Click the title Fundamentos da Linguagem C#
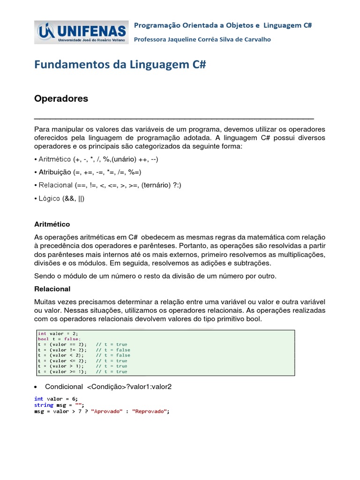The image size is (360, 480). pos(120,65)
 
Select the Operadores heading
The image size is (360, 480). pos(61,99)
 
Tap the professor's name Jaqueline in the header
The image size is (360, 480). pos(183,40)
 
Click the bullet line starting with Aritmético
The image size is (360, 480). pos(96,159)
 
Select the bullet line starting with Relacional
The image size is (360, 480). pos(108,185)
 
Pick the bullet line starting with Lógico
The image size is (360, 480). pos(60,198)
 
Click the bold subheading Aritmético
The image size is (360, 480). pos(52,225)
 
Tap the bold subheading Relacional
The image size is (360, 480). pos(52,289)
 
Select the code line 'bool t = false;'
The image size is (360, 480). pos(59,339)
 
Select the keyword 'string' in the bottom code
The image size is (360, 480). pos(44,405)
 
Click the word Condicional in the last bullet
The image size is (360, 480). pos(63,387)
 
